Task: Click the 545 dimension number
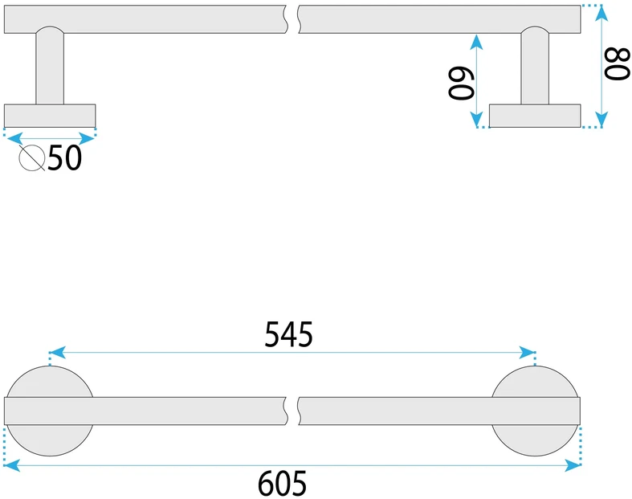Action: [288, 334]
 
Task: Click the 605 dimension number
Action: [282, 483]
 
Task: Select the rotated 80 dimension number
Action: [617, 63]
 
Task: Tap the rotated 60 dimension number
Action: [461, 83]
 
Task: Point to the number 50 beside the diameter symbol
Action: [64, 157]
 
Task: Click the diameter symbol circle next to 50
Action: [32, 157]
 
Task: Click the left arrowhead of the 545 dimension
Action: [57, 352]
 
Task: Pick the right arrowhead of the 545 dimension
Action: [527, 352]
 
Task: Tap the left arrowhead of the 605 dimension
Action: [12, 465]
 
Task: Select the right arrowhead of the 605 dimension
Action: [573, 465]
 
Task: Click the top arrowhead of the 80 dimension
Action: [601, 14]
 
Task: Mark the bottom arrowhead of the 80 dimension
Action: [601, 119]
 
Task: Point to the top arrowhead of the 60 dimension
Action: [476, 43]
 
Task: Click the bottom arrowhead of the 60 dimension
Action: [476, 119]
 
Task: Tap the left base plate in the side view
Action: [50, 116]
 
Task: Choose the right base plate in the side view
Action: [535, 116]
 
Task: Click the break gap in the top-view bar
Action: [293, 411]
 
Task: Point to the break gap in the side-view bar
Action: [293, 19]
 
